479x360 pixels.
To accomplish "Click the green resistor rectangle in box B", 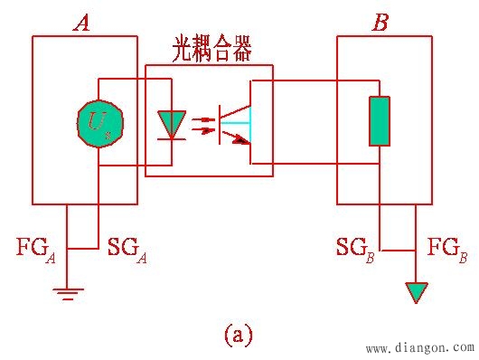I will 380,121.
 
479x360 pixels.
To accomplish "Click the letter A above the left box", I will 81,23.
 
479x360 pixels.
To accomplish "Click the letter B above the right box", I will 380,23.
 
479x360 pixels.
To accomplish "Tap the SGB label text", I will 355,247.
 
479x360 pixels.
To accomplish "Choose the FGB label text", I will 446,247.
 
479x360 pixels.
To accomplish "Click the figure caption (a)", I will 237,336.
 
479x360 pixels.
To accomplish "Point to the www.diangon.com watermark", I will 418,346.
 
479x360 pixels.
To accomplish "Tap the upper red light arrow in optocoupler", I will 206,118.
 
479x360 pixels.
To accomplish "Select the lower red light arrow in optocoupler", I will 206,131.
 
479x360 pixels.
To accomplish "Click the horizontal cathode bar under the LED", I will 171,138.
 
